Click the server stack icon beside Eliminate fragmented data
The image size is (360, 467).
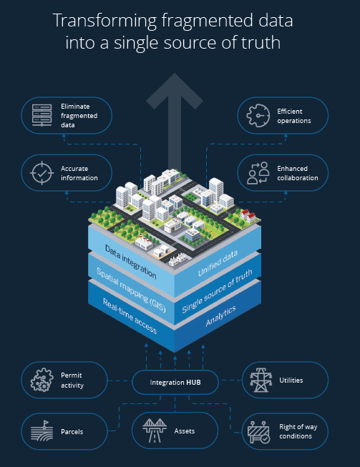pyautogui.click(x=42, y=115)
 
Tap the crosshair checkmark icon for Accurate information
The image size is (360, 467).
pyautogui.click(x=42, y=173)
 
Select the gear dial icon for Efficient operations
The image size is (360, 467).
pyautogui.click(x=258, y=116)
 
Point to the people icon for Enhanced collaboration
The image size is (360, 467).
pyautogui.click(x=258, y=173)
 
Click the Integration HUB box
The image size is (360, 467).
pyautogui.click(x=175, y=383)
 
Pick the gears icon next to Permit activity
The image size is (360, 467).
pyautogui.click(x=42, y=380)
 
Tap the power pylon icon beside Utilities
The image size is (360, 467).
pyautogui.click(x=261, y=380)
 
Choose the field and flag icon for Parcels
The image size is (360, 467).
pyautogui.click(x=42, y=431)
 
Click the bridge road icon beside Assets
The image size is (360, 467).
pyautogui.click(x=155, y=431)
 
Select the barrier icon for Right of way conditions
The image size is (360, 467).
pyautogui.click(x=258, y=432)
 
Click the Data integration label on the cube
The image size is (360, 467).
pyautogui.click(x=130, y=262)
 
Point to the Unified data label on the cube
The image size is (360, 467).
pyautogui.click(x=218, y=263)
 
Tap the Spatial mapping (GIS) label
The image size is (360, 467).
pyautogui.click(x=131, y=290)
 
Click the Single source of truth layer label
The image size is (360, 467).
pyautogui.click(x=218, y=291)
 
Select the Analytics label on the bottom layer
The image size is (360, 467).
pyautogui.click(x=221, y=315)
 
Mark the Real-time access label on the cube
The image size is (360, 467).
pyautogui.click(x=130, y=315)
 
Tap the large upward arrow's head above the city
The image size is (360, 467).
pyautogui.click(x=175, y=89)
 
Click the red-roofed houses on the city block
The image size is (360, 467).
pyautogui.click(x=248, y=216)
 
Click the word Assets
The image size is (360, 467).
pyautogui.click(x=185, y=431)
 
